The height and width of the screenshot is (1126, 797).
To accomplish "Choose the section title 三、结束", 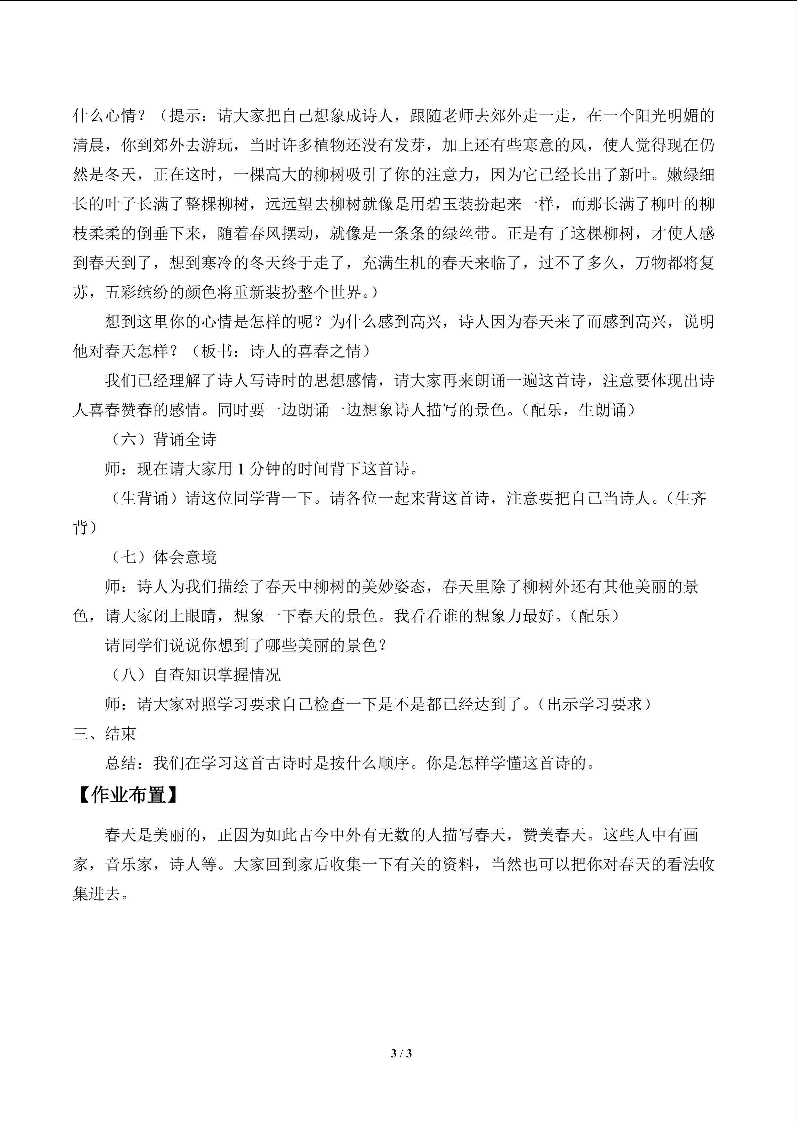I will click(104, 734).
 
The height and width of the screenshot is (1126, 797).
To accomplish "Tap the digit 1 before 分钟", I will click(240, 469).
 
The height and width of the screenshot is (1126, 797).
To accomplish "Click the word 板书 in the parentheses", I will click(217, 351).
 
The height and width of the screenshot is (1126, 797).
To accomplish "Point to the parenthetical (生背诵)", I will click(145, 499).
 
